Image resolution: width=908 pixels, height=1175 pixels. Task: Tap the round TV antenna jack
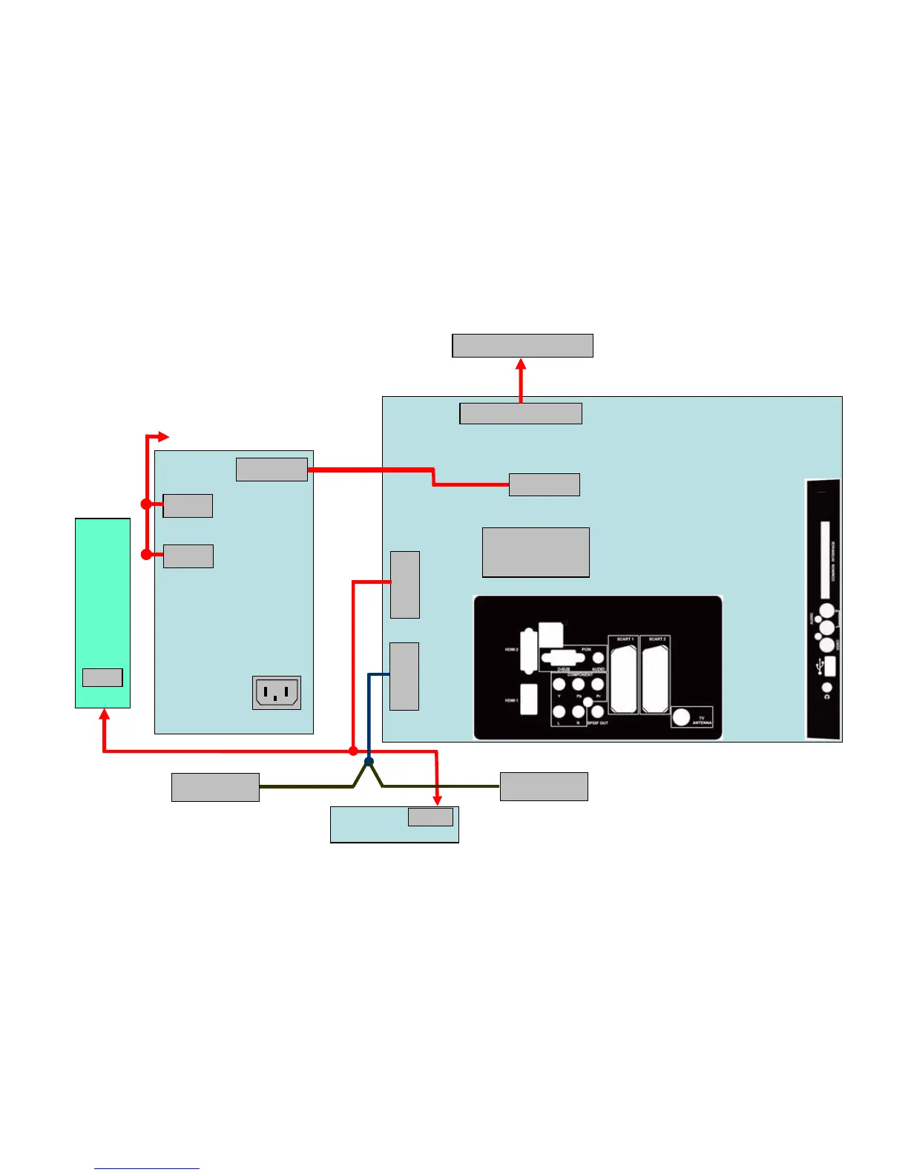(x=681, y=718)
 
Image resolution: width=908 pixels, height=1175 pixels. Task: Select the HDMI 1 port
(x=529, y=700)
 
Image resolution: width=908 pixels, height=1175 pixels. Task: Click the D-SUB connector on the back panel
(x=562, y=658)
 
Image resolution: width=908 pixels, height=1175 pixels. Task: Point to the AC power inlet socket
(x=277, y=693)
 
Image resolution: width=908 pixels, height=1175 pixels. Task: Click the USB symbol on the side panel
(x=818, y=668)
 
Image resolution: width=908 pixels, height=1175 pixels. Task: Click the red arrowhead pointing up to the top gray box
(x=521, y=364)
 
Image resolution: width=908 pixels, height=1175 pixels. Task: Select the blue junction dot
(x=369, y=762)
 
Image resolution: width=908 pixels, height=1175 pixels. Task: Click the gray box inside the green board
(x=102, y=677)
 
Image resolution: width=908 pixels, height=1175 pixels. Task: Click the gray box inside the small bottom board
(x=430, y=817)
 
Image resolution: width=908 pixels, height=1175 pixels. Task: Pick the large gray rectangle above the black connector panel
(x=536, y=552)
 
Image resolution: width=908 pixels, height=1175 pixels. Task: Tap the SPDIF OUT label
(x=598, y=723)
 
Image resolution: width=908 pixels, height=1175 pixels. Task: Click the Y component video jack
(x=559, y=685)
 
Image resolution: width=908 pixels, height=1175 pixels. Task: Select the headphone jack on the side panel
(x=827, y=689)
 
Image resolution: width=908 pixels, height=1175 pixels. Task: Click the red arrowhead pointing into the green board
(x=104, y=714)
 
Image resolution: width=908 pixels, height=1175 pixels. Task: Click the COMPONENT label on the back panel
(x=580, y=675)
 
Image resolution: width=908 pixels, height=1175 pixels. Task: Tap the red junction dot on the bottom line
(x=353, y=751)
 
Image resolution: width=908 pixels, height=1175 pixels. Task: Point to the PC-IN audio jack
(x=598, y=658)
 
